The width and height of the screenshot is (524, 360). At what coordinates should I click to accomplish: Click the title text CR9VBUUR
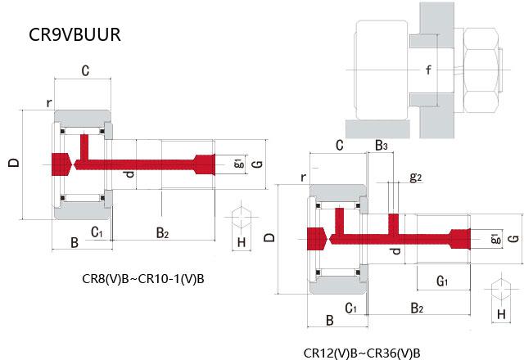tap(75, 35)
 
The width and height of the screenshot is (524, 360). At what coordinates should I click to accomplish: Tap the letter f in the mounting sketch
tap(427, 70)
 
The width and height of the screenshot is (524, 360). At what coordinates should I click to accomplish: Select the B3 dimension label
tap(381, 146)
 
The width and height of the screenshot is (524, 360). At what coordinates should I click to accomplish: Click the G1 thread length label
tap(442, 281)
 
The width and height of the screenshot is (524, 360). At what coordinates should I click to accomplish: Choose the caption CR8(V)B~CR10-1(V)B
tap(143, 280)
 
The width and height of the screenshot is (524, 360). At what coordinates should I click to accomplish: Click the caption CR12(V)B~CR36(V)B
tap(362, 353)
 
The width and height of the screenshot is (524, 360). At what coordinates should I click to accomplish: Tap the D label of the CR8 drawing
tap(13, 163)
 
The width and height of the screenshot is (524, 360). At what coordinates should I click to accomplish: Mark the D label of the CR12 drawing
tap(271, 238)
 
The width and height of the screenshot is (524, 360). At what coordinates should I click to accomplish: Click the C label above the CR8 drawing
tap(84, 71)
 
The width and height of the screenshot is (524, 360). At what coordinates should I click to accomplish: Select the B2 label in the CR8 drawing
tap(162, 234)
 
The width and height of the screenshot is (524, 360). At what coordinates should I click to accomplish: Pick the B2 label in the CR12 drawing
tap(417, 308)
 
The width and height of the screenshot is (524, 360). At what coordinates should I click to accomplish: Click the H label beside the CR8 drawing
tap(241, 242)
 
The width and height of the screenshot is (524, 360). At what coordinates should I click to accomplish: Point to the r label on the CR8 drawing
tap(49, 103)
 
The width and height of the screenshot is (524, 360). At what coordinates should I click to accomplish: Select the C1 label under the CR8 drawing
tap(96, 232)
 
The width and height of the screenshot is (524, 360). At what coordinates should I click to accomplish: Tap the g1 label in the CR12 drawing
tap(495, 239)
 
